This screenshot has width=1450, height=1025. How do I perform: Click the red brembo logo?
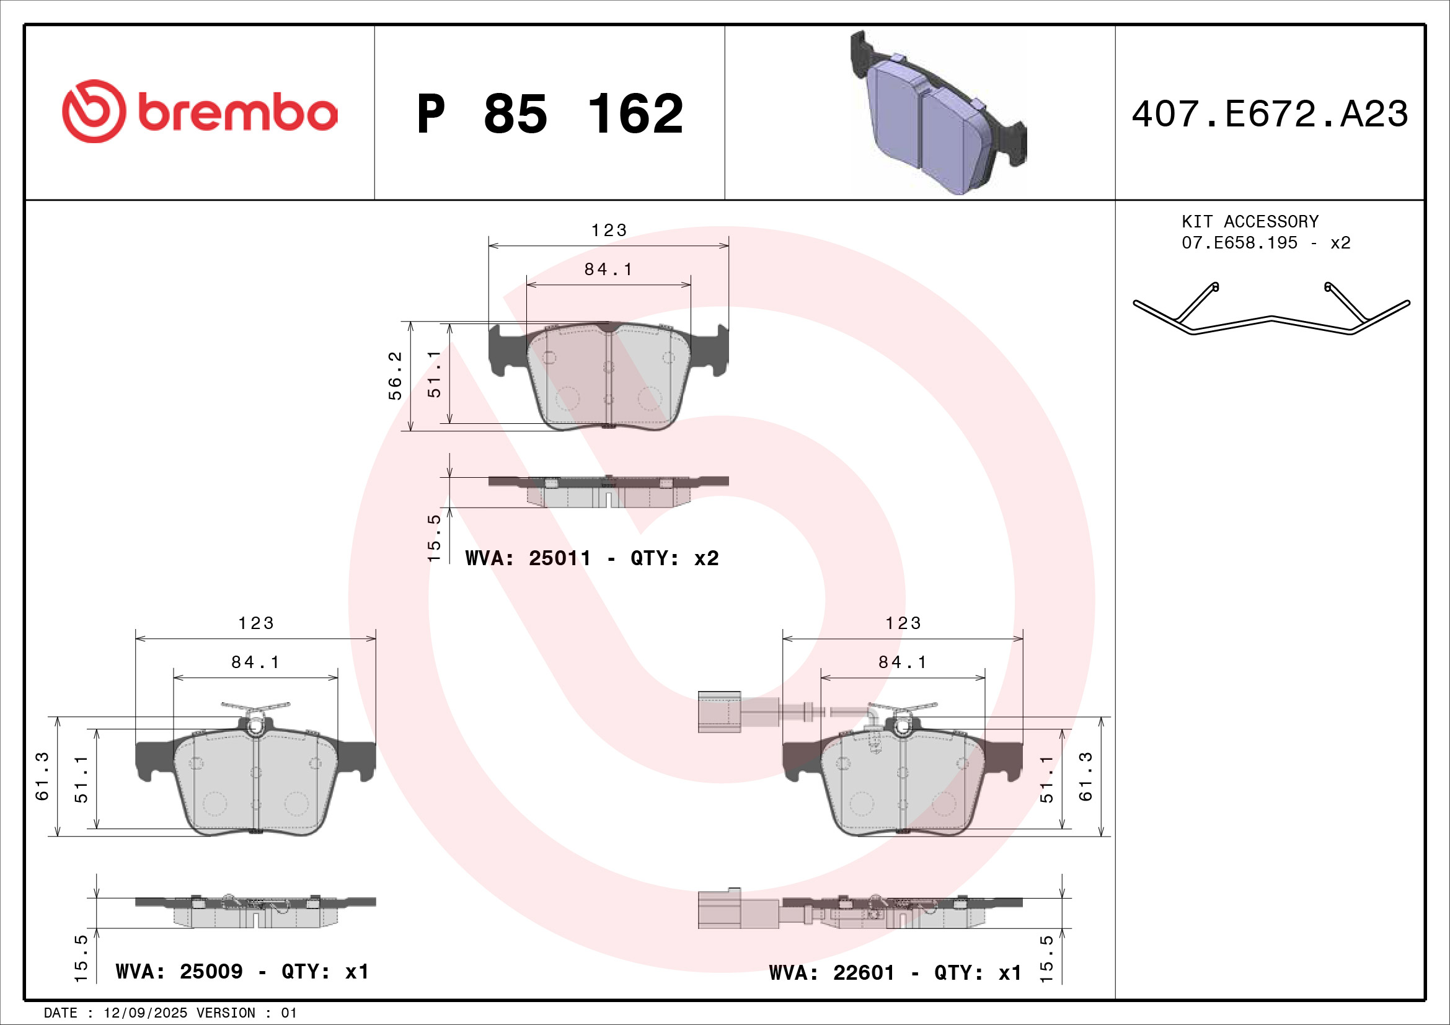200,112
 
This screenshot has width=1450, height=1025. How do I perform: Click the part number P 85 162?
549,114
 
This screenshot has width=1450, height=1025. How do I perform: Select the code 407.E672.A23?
1270,114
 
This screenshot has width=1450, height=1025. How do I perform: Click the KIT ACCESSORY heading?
1250,221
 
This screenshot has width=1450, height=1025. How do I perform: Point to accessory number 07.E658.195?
1239,243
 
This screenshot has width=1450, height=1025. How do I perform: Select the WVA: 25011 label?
528,558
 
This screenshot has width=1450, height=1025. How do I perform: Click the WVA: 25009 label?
179,970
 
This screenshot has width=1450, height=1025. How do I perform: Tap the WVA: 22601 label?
832,972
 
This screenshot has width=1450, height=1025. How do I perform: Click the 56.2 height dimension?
396,376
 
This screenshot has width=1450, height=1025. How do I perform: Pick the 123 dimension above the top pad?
609,231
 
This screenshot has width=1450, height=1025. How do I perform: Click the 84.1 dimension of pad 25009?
255,662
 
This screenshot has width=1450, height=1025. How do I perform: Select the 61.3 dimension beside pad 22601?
1085,776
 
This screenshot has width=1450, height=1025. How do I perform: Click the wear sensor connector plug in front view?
719,711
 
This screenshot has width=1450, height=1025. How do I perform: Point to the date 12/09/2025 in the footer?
145,1013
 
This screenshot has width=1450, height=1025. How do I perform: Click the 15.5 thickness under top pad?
434,538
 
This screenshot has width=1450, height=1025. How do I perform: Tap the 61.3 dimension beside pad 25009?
42,776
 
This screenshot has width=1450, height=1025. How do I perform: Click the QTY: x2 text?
674,558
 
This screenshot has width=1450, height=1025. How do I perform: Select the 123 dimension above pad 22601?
903,623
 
